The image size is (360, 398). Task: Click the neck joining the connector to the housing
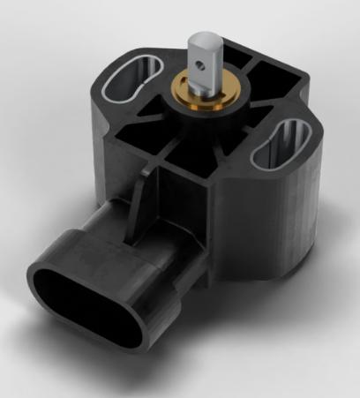pos(176,256)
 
